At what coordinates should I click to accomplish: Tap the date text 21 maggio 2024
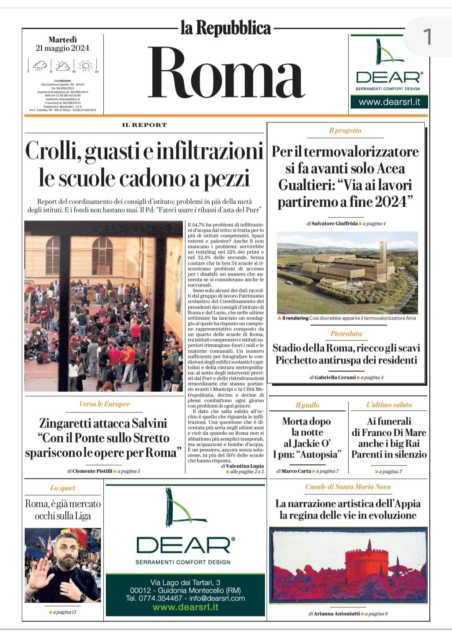click(x=62, y=48)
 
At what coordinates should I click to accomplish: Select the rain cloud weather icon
click(x=40, y=65)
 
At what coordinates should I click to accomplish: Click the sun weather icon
click(x=86, y=65)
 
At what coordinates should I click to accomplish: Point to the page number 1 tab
click(x=427, y=37)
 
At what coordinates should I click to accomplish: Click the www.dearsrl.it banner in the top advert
click(x=389, y=102)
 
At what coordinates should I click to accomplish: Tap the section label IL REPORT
click(x=144, y=125)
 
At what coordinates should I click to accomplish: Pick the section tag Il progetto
click(x=345, y=130)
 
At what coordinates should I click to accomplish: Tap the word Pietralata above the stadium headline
click(x=346, y=334)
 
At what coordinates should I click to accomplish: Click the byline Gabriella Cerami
click(x=335, y=377)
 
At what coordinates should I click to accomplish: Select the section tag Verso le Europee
click(x=104, y=404)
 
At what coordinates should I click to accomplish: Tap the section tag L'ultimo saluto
click(x=389, y=405)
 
